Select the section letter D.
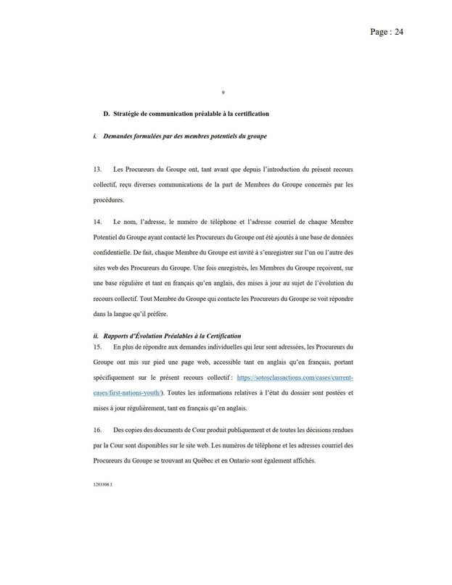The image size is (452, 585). [x=106, y=114]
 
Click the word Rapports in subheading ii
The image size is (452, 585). [x=117, y=337]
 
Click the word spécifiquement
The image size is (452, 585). [x=118, y=379]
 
